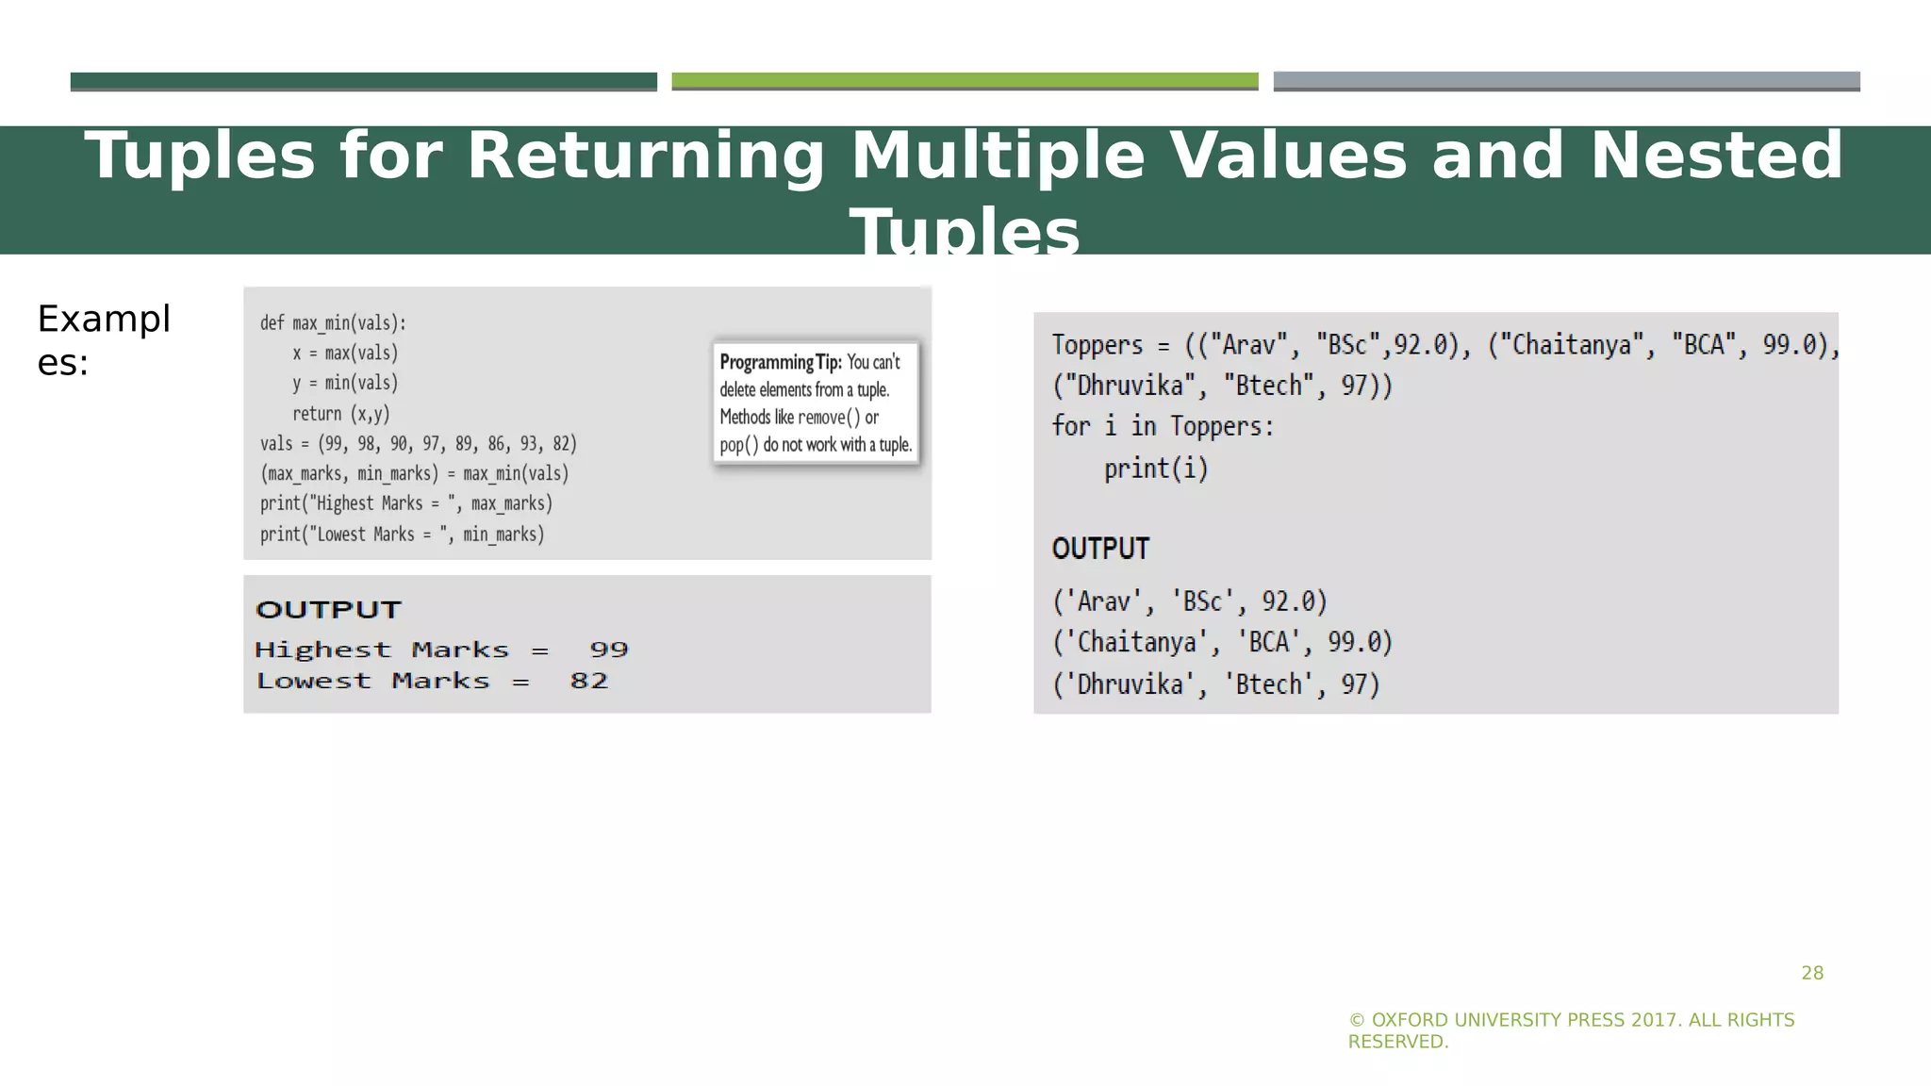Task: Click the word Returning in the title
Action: pyautogui.click(x=646, y=156)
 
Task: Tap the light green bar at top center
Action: pyautogui.click(x=965, y=81)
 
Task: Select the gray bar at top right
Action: pyautogui.click(x=1566, y=81)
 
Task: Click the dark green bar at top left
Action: pyautogui.click(x=363, y=81)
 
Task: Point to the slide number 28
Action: pyautogui.click(x=1812, y=973)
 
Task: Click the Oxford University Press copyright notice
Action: pyautogui.click(x=1571, y=1030)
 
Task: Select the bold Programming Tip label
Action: pyautogui.click(x=780, y=362)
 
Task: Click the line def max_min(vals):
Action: pyautogui.click(x=333, y=323)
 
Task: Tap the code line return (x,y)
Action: pyautogui.click(x=340, y=413)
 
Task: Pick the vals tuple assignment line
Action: pyautogui.click(x=418, y=443)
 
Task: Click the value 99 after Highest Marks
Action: pyautogui.click(x=608, y=650)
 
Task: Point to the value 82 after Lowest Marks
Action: pyautogui.click(x=588, y=681)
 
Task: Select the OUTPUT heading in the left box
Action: pyautogui.click(x=328, y=610)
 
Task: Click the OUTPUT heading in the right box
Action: pyautogui.click(x=1100, y=549)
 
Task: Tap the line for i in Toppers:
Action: pyautogui.click(x=1163, y=426)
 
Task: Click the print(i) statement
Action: pyautogui.click(x=1156, y=468)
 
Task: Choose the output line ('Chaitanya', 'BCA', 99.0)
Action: pyautogui.click(x=1222, y=642)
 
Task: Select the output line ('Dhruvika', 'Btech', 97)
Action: pyautogui.click(x=1215, y=683)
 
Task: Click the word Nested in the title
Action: pyautogui.click(x=1716, y=156)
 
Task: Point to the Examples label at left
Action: pyautogui.click(x=103, y=340)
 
